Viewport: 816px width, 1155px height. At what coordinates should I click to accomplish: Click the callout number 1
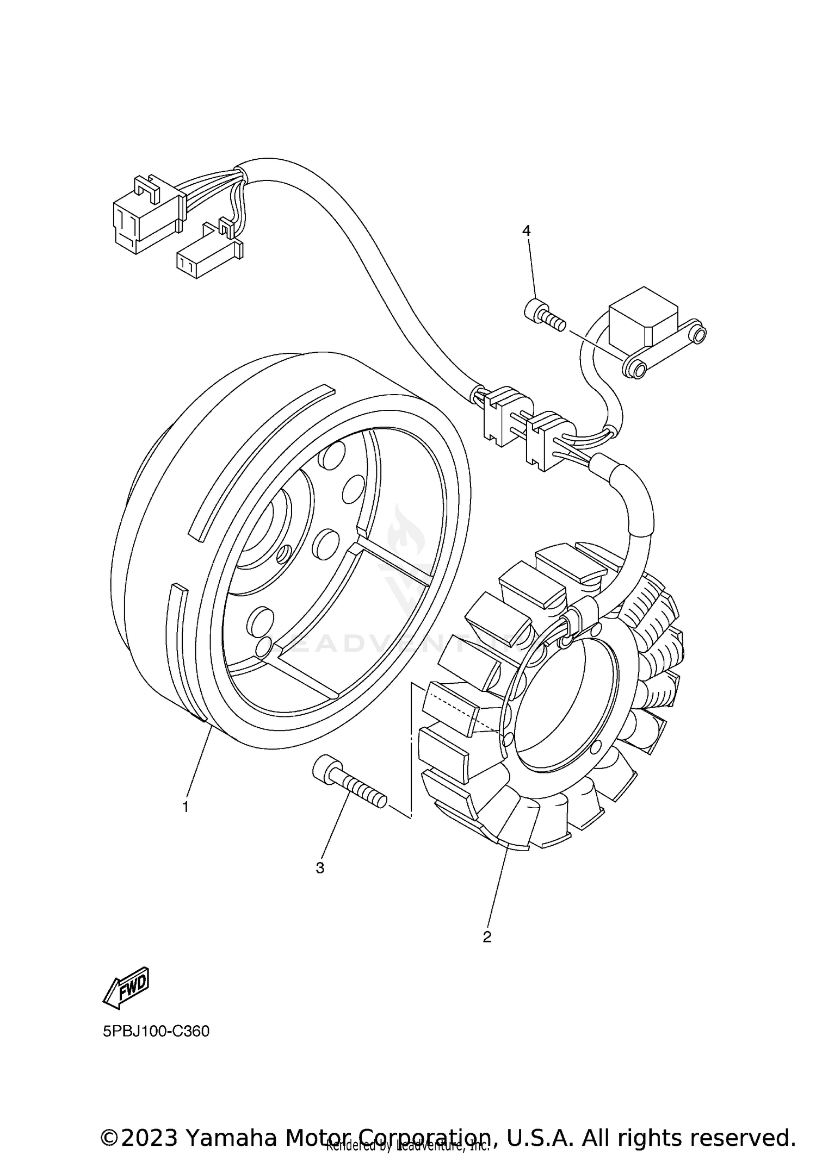point(186,807)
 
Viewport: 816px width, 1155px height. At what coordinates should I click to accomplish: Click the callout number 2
point(487,937)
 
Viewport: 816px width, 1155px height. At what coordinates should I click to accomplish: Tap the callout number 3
point(320,868)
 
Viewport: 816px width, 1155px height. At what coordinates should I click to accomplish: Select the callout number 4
point(526,230)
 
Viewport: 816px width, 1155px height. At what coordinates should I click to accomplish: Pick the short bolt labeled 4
point(543,316)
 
